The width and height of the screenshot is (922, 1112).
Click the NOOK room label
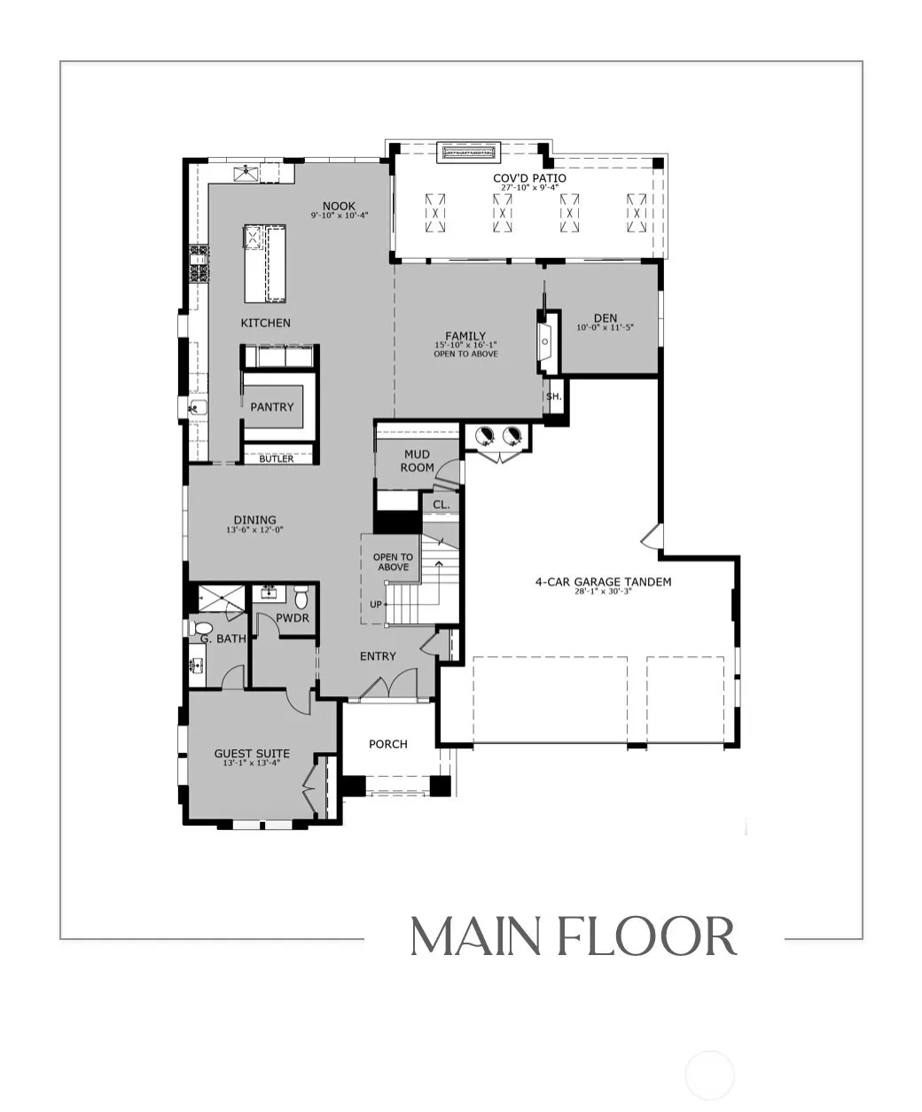pyautogui.click(x=339, y=206)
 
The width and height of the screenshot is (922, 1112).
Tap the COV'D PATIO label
pyautogui.click(x=529, y=178)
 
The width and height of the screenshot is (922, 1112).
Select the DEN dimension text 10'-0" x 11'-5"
pyautogui.click(x=606, y=327)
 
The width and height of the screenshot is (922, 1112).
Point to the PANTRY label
pyautogui.click(x=272, y=407)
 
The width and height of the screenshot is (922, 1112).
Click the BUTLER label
pyautogui.click(x=277, y=458)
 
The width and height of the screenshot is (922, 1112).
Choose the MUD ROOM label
pyautogui.click(x=417, y=460)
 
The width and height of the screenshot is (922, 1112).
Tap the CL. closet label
pyautogui.click(x=441, y=505)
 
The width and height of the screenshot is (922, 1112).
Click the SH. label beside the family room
pyautogui.click(x=553, y=396)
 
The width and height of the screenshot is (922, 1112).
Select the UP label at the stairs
pyautogui.click(x=376, y=605)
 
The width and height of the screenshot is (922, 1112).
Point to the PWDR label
pyautogui.click(x=293, y=618)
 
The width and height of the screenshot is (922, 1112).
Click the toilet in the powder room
pyautogui.click(x=301, y=597)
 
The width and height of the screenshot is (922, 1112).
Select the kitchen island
pyautogui.click(x=265, y=263)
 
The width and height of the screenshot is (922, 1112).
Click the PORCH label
pyautogui.click(x=388, y=744)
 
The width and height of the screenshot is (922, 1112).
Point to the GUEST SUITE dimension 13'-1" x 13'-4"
pyautogui.click(x=252, y=763)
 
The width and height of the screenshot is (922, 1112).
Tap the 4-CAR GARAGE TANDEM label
pyautogui.click(x=603, y=582)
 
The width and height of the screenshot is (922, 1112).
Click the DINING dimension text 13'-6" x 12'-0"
pyautogui.click(x=254, y=530)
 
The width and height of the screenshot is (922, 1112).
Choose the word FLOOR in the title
pyautogui.click(x=647, y=936)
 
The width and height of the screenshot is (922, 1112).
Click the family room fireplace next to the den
pyautogui.click(x=547, y=342)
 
